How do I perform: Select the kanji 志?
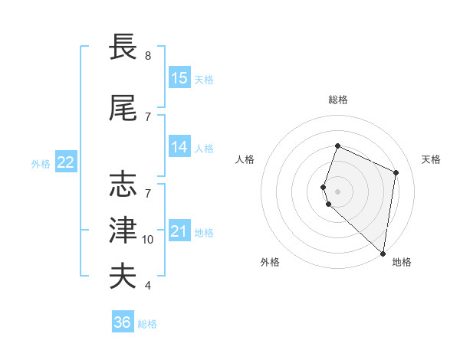[x=123, y=184]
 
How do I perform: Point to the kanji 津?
[x=123, y=230]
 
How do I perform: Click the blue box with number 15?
[x=179, y=77]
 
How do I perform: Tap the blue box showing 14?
[x=179, y=147]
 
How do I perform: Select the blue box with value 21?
[x=179, y=231]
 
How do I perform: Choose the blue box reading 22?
[x=66, y=162]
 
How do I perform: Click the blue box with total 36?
[x=123, y=322]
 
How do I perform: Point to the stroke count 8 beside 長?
[x=148, y=56]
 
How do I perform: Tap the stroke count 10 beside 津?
[x=148, y=240]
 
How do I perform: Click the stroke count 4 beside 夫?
[x=148, y=286]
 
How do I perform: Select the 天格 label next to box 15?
[x=204, y=79]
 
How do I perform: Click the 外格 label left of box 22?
[x=41, y=163]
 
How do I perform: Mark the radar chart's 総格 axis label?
[x=338, y=100]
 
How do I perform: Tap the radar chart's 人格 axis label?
[x=245, y=159]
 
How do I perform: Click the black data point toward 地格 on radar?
[x=383, y=254]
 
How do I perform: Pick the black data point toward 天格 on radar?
[x=396, y=172]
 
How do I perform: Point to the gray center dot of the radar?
[x=338, y=191]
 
